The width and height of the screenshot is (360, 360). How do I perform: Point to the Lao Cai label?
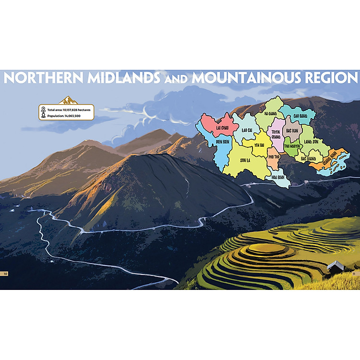(247, 130)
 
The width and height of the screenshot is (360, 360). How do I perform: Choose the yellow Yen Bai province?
(260, 145)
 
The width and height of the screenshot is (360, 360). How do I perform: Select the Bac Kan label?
(292, 131)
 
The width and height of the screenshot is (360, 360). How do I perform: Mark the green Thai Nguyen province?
(292, 145)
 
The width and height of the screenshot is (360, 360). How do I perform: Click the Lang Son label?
(312, 142)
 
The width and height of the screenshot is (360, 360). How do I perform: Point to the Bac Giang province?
(308, 157)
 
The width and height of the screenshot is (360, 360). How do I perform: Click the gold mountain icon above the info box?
(68, 100)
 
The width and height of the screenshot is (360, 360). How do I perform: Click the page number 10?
(6, 273)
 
